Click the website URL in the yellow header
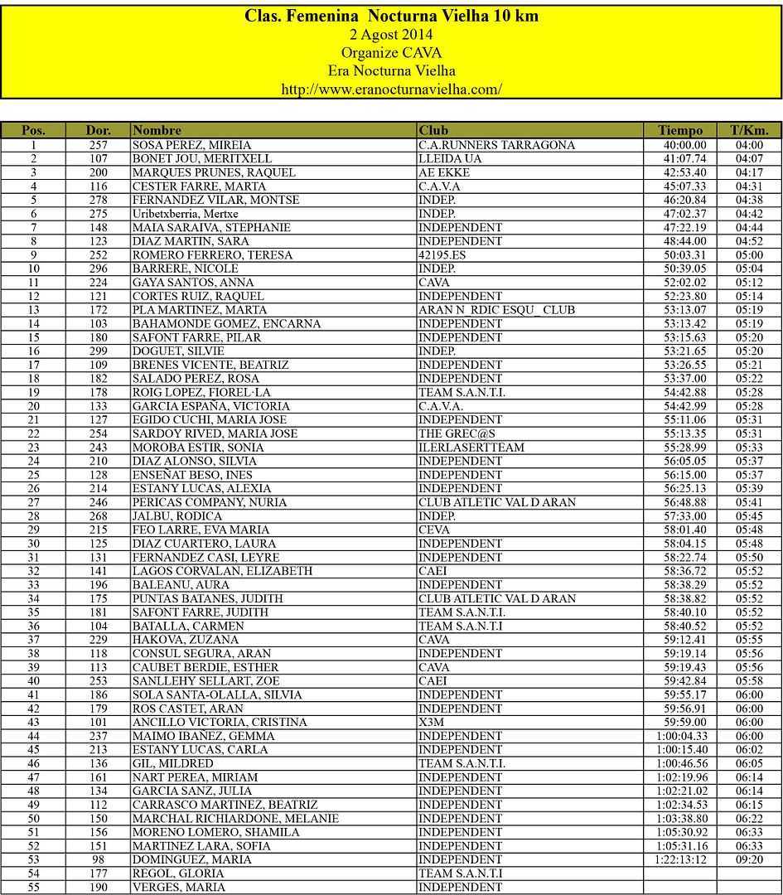[391, 89]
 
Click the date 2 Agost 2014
[391, 35]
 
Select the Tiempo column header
[680, 130]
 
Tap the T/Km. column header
[749, 130]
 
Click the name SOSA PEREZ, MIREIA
[191, 145]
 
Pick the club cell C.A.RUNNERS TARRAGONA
[496, 145]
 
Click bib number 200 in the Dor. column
[99, 172]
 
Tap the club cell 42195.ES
[442, 255]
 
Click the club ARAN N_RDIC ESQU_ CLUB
[496, 310]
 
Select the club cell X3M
[431, 722]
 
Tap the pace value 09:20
[749, 859]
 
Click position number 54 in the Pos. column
[34, 873]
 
